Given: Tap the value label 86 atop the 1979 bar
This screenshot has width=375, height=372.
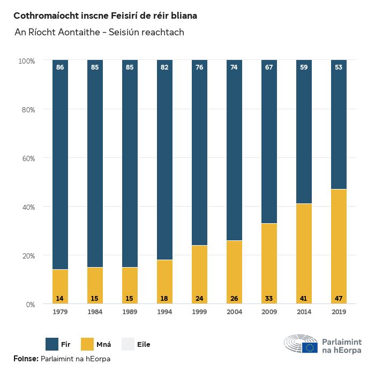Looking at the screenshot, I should (x=60, y=67).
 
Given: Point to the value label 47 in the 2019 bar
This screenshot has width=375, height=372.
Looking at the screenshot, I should (x=339, y=298).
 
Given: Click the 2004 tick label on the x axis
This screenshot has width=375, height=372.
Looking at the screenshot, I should (x=234, y=312).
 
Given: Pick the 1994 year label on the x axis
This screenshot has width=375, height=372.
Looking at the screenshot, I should (x=164, y=312).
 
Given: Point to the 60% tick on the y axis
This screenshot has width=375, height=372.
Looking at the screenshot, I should (x=27, y=158).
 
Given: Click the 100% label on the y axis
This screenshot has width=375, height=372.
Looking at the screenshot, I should (x=26, y=61).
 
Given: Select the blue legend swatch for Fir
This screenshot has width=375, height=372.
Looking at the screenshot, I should (x=52, y=344).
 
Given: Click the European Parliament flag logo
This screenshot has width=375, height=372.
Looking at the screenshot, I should (x=310, y=348).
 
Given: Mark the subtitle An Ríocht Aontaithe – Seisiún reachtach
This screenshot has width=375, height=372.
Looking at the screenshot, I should (x=99, y=33).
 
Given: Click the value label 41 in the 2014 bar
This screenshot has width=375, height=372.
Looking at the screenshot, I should (x=304, y=298).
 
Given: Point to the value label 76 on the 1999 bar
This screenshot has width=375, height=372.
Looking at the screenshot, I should (x=199, y=67).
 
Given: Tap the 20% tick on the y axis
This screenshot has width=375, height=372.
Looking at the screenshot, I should (x=27, y=256).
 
